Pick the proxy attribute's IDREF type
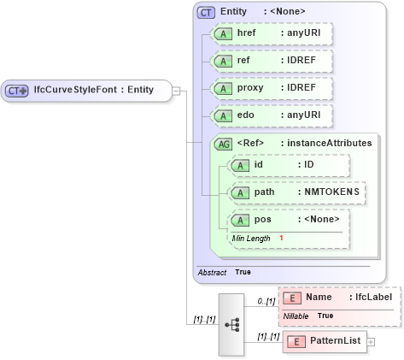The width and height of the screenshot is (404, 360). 302,89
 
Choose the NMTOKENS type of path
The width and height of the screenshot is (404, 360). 333,192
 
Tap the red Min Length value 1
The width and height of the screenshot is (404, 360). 281,238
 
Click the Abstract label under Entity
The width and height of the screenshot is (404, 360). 212,271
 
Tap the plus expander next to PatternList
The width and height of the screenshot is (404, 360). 371,342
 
